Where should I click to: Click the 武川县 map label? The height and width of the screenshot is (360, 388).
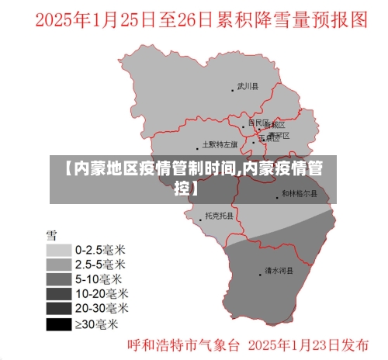coord(248,87)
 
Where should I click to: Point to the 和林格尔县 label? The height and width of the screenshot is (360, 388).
coord(299,194)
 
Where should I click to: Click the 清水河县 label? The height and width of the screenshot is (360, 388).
coord(277,271)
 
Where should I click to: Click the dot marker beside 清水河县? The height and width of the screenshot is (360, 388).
coord(260,273)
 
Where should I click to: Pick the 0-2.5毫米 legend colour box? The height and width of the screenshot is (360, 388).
coord(58,251)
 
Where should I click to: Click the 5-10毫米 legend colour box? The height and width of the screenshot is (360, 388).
coord(58,279)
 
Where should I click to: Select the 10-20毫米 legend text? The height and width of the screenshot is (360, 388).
coord(102,294)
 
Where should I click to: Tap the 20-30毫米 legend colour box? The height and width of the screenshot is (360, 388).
coord(58,309)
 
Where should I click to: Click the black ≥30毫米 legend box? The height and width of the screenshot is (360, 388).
coord(58,324)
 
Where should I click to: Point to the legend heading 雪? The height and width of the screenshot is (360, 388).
coord(51,234)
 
